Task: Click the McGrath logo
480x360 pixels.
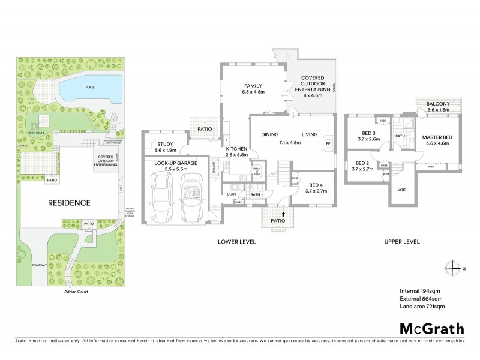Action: tap(431, 328)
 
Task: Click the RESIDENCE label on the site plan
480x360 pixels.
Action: tap(70, 203)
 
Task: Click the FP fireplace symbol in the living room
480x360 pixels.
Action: tap(328, 144)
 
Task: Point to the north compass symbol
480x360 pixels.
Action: tap(454, 268)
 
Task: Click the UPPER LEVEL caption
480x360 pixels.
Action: tap(401, 242)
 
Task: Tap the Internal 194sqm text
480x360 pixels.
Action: tap(420, 291)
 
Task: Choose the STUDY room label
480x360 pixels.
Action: tap(164, 144)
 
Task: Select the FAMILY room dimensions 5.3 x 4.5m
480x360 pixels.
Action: tap(254, 92)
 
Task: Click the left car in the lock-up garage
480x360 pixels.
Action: tap(162, 195)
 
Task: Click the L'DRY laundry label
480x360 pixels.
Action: tap(232, 193)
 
